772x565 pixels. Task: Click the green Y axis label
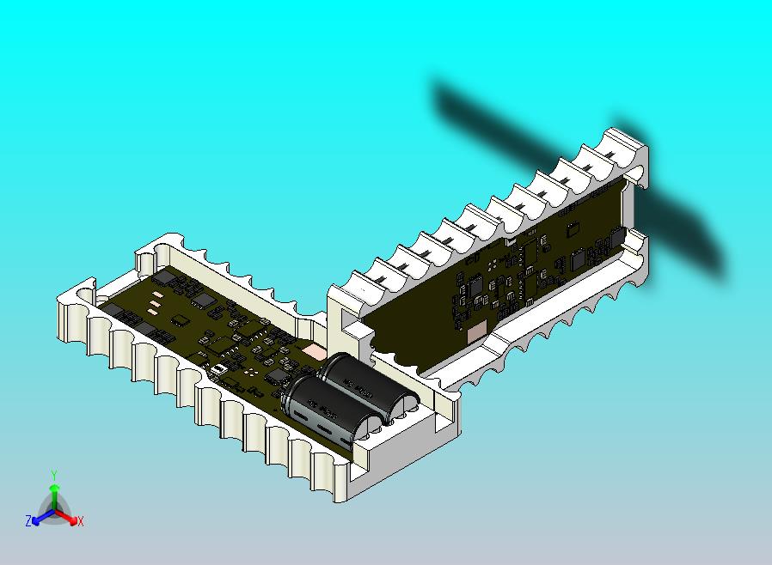point(53,475)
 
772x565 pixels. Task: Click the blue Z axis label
point(28,520)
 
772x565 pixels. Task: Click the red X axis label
point(80,520)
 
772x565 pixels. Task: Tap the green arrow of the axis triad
point(53,494)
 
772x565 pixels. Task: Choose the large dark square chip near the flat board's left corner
point(204,299)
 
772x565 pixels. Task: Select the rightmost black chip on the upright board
point(617,236)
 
